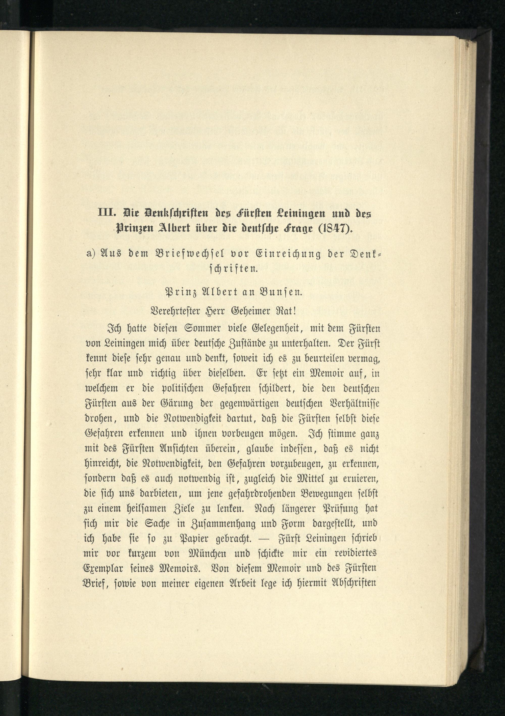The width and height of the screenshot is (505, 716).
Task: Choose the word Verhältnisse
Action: coord(353,404)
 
